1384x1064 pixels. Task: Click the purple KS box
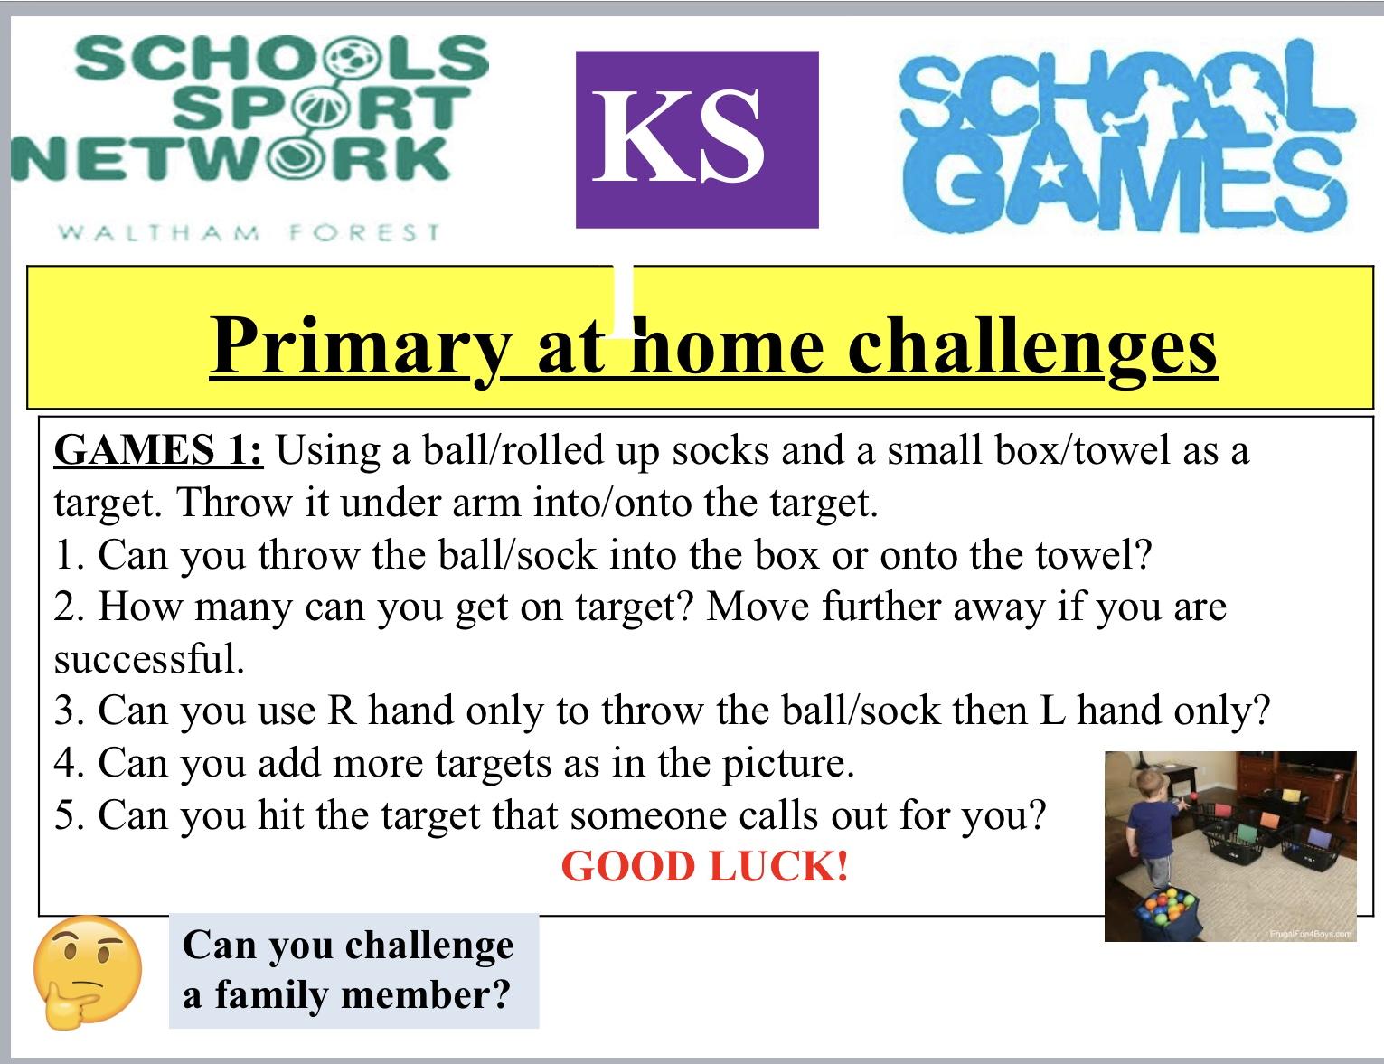(697, 139)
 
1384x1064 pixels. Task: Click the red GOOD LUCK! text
(705, 867)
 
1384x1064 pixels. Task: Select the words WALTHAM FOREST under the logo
(249, 232)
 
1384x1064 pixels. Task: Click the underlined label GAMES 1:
(158, 450)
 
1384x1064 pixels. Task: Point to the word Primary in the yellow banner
(361, 348)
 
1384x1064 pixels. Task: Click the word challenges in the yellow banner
(1032, 348)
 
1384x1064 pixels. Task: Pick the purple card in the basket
(1319, 837)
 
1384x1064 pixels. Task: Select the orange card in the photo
(1269, 820)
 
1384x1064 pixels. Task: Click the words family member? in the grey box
(362, 995)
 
